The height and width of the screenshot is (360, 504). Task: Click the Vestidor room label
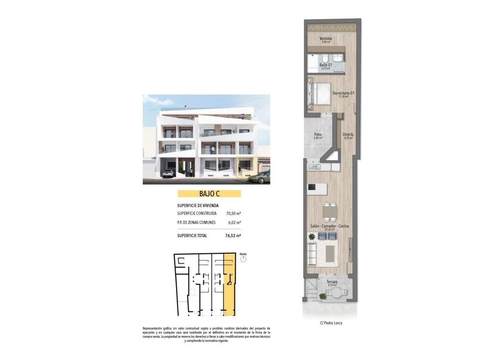point(326,38)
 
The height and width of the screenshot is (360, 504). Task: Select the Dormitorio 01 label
point(343,93)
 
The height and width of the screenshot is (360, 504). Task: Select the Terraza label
point(331,282)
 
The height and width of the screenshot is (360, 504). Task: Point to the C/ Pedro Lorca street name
point(331,323)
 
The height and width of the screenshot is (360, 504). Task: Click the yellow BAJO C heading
point(209,194)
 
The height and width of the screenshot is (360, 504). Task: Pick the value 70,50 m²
point(233,213)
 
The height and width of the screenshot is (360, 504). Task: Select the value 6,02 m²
point(234,223)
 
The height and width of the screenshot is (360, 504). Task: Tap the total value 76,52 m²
point(233,236)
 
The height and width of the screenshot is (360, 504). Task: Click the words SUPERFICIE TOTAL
point(192,236)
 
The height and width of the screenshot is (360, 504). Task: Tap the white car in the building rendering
point(168,173)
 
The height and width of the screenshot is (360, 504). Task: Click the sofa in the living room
point(312,252)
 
